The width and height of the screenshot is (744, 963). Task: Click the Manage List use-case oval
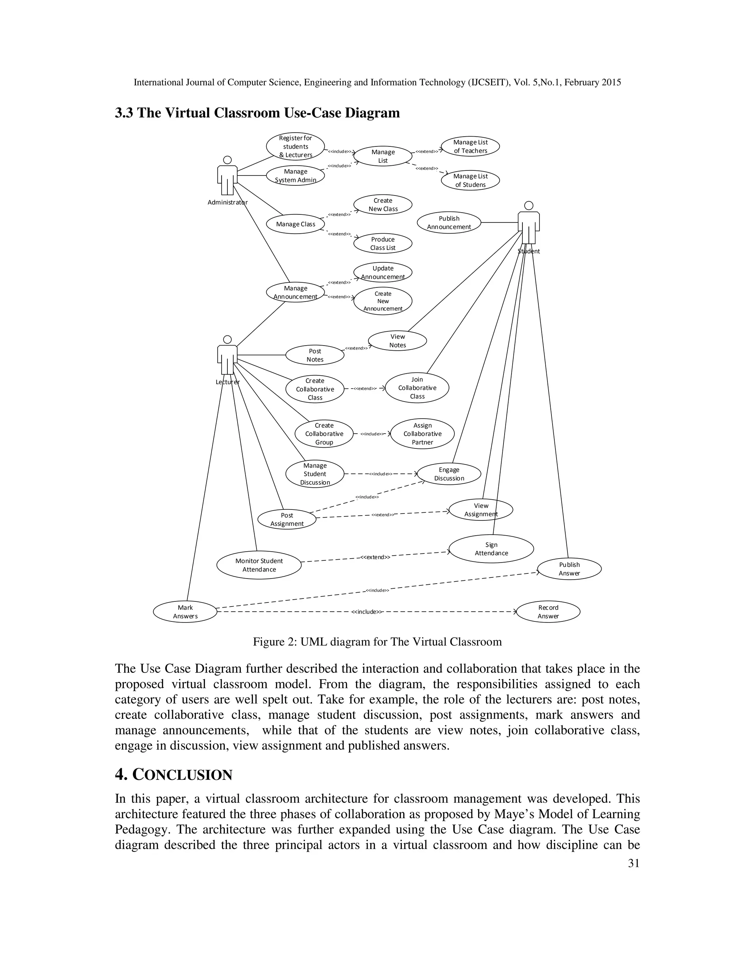coord(383,156)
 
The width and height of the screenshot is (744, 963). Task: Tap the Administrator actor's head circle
coord(227,160)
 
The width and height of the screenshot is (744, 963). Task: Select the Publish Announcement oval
coord(449,223)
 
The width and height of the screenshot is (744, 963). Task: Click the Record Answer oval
coord(548,612)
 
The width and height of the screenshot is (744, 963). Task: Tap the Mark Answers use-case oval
coord(185,612)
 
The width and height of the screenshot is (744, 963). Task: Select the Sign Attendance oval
coord(491,549)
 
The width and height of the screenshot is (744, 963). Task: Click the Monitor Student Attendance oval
coord(259,565)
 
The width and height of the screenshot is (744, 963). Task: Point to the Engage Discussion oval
coord(449,474)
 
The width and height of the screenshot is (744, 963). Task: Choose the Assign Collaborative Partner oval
coord(422,434)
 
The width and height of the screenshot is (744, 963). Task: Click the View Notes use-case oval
coord(397,341)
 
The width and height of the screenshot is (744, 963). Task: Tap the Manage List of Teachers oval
coord(470,146)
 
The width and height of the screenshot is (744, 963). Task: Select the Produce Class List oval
coord(383,243)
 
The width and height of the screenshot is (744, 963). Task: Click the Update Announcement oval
coord(383,273)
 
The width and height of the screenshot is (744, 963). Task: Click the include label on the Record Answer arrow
coord(367,612)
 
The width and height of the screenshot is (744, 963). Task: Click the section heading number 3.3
coord(125,113)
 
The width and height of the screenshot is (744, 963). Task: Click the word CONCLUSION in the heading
coord(182,775)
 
